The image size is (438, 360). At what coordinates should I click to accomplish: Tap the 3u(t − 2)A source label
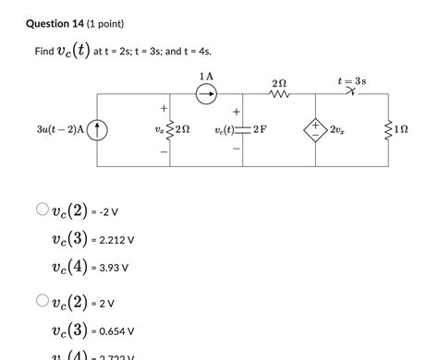point(56,130)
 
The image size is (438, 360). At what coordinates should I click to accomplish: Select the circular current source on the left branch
point(99,130)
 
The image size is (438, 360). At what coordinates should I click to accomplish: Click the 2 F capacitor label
point(260,130)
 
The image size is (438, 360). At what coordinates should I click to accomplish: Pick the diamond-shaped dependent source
point(316,130)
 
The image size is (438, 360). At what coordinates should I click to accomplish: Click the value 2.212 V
point(117,240)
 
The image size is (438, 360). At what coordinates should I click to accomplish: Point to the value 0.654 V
point(117,330)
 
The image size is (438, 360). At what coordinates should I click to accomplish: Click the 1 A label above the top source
point(206,75)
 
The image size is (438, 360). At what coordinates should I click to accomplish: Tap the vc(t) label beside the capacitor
point(227,131)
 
